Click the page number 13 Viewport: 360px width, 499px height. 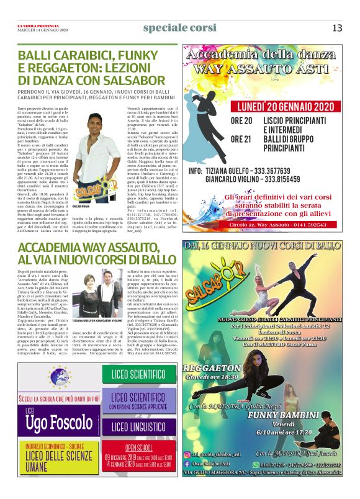coord(337,28)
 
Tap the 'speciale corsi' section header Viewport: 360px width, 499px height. coord(179,28)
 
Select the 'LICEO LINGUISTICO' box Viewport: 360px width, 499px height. coord(138,428)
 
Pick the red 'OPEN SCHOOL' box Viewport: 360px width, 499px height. coord(138,459)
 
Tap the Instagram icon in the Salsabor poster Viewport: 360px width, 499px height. coord(187,455)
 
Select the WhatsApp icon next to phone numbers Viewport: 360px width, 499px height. coord(254,464)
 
